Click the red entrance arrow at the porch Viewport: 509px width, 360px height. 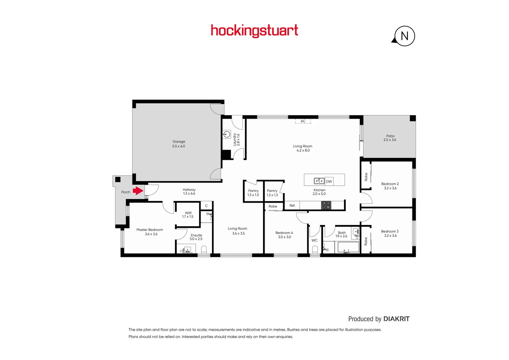138,191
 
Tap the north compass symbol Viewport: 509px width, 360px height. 404,36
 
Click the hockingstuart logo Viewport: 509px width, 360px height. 254,31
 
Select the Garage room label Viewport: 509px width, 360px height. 179,142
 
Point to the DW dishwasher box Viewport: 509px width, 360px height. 329,181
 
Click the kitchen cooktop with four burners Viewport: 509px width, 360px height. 326,205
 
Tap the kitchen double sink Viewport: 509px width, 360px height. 319,181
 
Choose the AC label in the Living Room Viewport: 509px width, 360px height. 303,121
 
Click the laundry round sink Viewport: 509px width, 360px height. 227,135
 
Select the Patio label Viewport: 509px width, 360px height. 390,136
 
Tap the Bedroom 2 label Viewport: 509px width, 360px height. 390,184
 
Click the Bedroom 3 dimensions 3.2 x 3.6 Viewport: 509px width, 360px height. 390,236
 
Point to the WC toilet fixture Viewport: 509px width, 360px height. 315,249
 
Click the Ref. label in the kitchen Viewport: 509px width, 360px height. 292,206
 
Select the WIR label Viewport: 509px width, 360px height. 188,213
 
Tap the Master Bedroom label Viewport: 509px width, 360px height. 150,230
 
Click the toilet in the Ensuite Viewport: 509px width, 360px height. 204,249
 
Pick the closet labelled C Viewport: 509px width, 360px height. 206,206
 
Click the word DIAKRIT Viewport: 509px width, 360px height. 396,319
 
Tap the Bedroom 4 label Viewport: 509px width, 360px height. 284,233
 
